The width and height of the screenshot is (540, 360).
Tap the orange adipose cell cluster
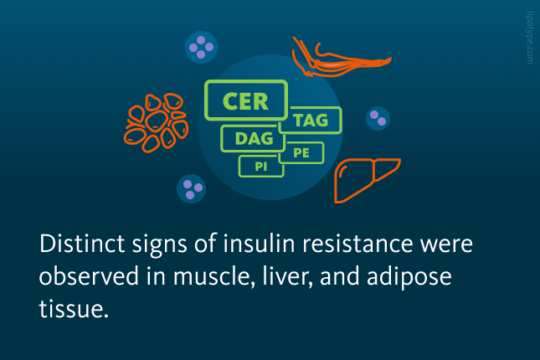[156, 122]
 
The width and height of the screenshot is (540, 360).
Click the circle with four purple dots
[201, 47]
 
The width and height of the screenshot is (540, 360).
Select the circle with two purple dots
[378, 118]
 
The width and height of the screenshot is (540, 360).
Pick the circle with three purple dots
[191, 188]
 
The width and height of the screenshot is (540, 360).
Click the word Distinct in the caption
[82, 244]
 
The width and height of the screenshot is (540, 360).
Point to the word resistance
[357, 244]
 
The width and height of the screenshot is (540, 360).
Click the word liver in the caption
[287, 276]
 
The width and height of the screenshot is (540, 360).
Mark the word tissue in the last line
[74, 308]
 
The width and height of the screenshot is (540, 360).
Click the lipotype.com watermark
[530, 38]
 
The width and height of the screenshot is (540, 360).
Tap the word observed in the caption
[89, 276]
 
